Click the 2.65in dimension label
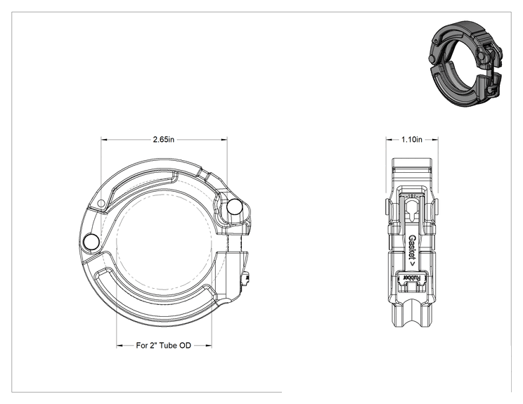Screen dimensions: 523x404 pos(163,139)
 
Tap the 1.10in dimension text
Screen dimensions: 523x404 pos(412,139)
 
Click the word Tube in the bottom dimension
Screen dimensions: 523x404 pos(169,346)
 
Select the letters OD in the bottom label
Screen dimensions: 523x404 pos(185,346)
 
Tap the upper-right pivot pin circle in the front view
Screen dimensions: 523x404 pos(235,207)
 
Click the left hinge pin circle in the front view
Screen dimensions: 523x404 pos(91,242)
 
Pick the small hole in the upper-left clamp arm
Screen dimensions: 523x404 pos(101,203)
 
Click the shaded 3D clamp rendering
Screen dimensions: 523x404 pos(465,63)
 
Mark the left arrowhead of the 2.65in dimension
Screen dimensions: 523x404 pos(104,140)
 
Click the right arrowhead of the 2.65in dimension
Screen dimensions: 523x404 pos(224,140)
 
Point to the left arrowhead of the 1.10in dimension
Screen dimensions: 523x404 pos(389,140)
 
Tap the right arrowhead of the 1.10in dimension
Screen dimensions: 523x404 pos(435,140)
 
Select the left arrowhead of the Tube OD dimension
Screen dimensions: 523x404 pos(120,346)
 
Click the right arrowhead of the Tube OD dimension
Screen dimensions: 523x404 pos(209,346)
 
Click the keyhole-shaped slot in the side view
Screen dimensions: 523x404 pos(412,210)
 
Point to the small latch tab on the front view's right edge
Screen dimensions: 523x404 pos(247,279)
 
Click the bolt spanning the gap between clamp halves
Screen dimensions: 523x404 pos(233,243)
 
